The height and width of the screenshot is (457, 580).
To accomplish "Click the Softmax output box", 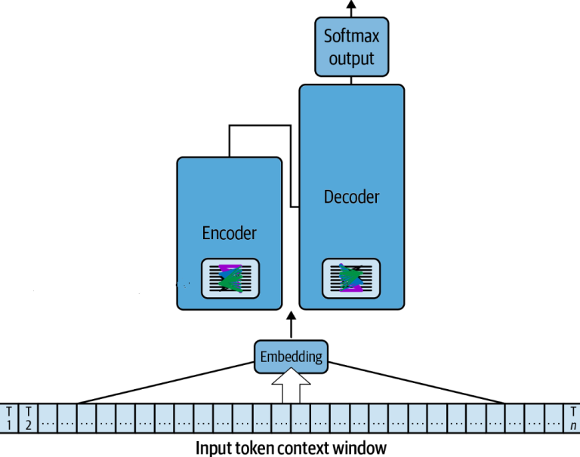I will coord(351,46).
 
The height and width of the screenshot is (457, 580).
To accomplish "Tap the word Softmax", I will coord(351,35).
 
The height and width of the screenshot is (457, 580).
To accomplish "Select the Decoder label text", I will coord(351,198).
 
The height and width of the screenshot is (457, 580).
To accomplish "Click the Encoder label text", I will coord(230,233).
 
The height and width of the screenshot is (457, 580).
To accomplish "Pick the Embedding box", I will coord(291,356).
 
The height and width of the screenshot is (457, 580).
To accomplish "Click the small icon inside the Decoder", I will coord(351,277).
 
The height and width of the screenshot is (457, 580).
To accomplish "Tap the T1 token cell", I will coord(9,417).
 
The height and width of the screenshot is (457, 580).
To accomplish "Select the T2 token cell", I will coord(28,417).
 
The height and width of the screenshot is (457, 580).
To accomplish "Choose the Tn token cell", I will coord(572,417).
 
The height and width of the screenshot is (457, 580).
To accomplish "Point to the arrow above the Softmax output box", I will coord(351,6).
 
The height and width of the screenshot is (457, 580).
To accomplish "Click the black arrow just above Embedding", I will coord(291,327).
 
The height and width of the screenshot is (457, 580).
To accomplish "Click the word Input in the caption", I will coord(214,447).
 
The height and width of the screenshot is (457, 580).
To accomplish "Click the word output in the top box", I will coord(351,57).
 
